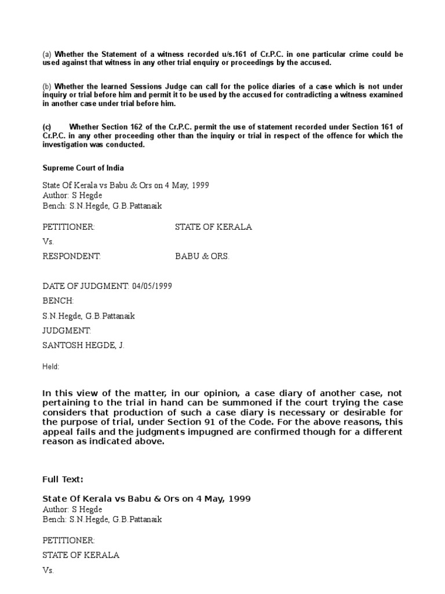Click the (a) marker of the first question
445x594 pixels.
click(x=47, y=55)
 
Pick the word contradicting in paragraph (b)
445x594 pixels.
click(x=302, y=95)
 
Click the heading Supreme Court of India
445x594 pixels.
click(x=83, y=168)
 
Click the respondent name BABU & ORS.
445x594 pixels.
click(x=202, y=256)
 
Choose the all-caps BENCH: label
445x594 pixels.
click(x=58, y=301)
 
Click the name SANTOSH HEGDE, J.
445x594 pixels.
click(x=83, y=345)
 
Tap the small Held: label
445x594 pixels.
click(x=51, y=367)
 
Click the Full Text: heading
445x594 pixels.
click(x=63, y=479)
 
